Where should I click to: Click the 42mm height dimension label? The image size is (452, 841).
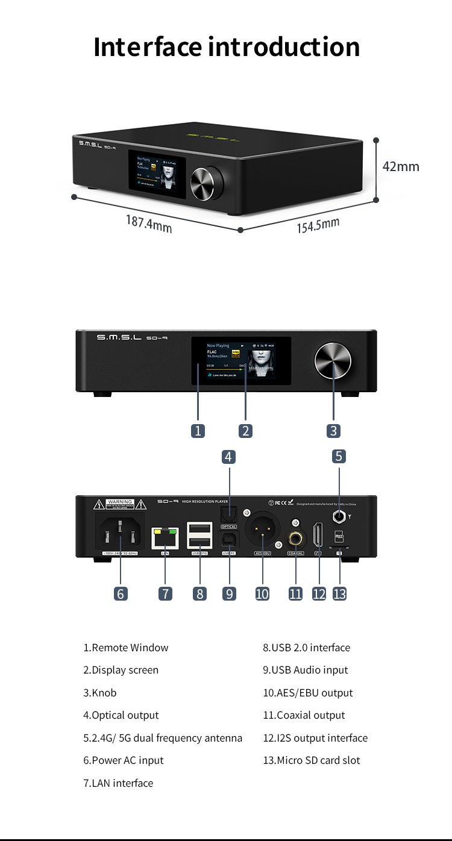click(401, 166)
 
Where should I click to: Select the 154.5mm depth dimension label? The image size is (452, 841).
click(318, 226)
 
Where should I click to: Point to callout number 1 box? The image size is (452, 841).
click(198, 431)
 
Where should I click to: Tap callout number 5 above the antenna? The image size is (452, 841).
click(339, 456)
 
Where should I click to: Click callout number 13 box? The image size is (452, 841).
click(339, 593)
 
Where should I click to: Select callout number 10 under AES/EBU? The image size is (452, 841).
click(262, 593)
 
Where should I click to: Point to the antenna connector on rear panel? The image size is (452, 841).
click(339, 516)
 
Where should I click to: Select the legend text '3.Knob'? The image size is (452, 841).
click(100, 693)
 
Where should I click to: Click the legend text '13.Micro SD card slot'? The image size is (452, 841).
click(311, 760)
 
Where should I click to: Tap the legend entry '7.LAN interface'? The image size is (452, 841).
click(118, 783)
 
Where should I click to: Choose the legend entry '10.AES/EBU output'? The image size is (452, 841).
click(307, 693)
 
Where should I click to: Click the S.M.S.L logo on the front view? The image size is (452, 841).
click(119, 338)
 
